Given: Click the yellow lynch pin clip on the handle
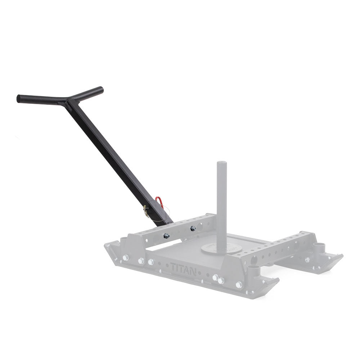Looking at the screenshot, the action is [x=145, y=211].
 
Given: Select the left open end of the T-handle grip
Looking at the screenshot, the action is [x=19, y=99].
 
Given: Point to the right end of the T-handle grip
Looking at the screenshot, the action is [x=102, y=89].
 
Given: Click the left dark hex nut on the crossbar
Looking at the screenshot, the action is [x=166, y=235].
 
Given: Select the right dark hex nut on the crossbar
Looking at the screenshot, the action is [x=193, y=228].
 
